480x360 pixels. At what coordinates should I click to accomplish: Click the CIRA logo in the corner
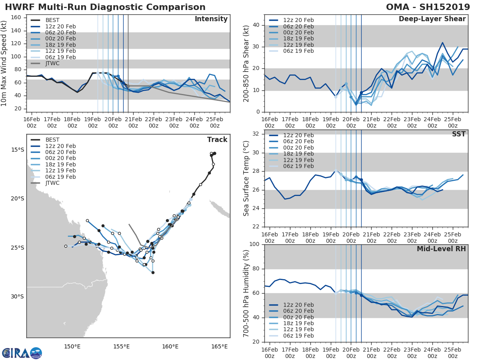click(x=22, y=353)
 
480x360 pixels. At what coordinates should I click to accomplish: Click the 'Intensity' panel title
click(x=211, y=19)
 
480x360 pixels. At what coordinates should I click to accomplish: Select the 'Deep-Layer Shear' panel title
click(x=432, y=19)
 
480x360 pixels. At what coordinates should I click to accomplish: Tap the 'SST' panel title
click(x=458, y=134)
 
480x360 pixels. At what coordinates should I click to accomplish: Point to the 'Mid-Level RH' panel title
click(x=441, y=249)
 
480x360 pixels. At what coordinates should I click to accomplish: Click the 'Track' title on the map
click(x=217, y=140)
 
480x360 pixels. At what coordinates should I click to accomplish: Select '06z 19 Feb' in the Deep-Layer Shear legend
click(x=298, y=51)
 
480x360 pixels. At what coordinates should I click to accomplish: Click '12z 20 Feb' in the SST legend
click(x=298, y=135)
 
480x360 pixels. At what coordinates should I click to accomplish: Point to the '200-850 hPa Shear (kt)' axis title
click(x=246, y=63)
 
